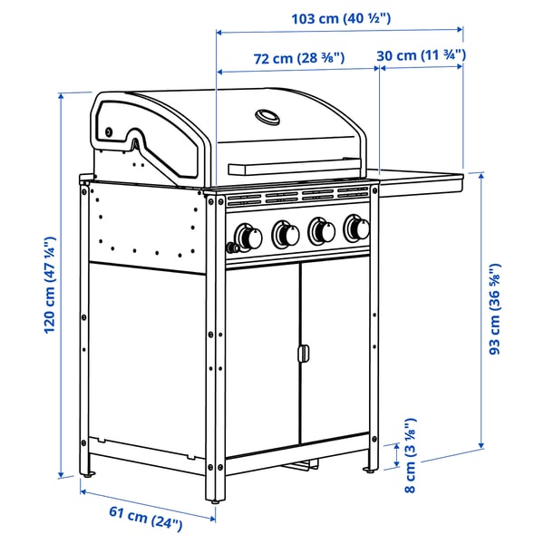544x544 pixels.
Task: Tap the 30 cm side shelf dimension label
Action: click(x=421, y=55)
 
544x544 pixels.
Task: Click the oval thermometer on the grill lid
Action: click(x=267, y=117)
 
